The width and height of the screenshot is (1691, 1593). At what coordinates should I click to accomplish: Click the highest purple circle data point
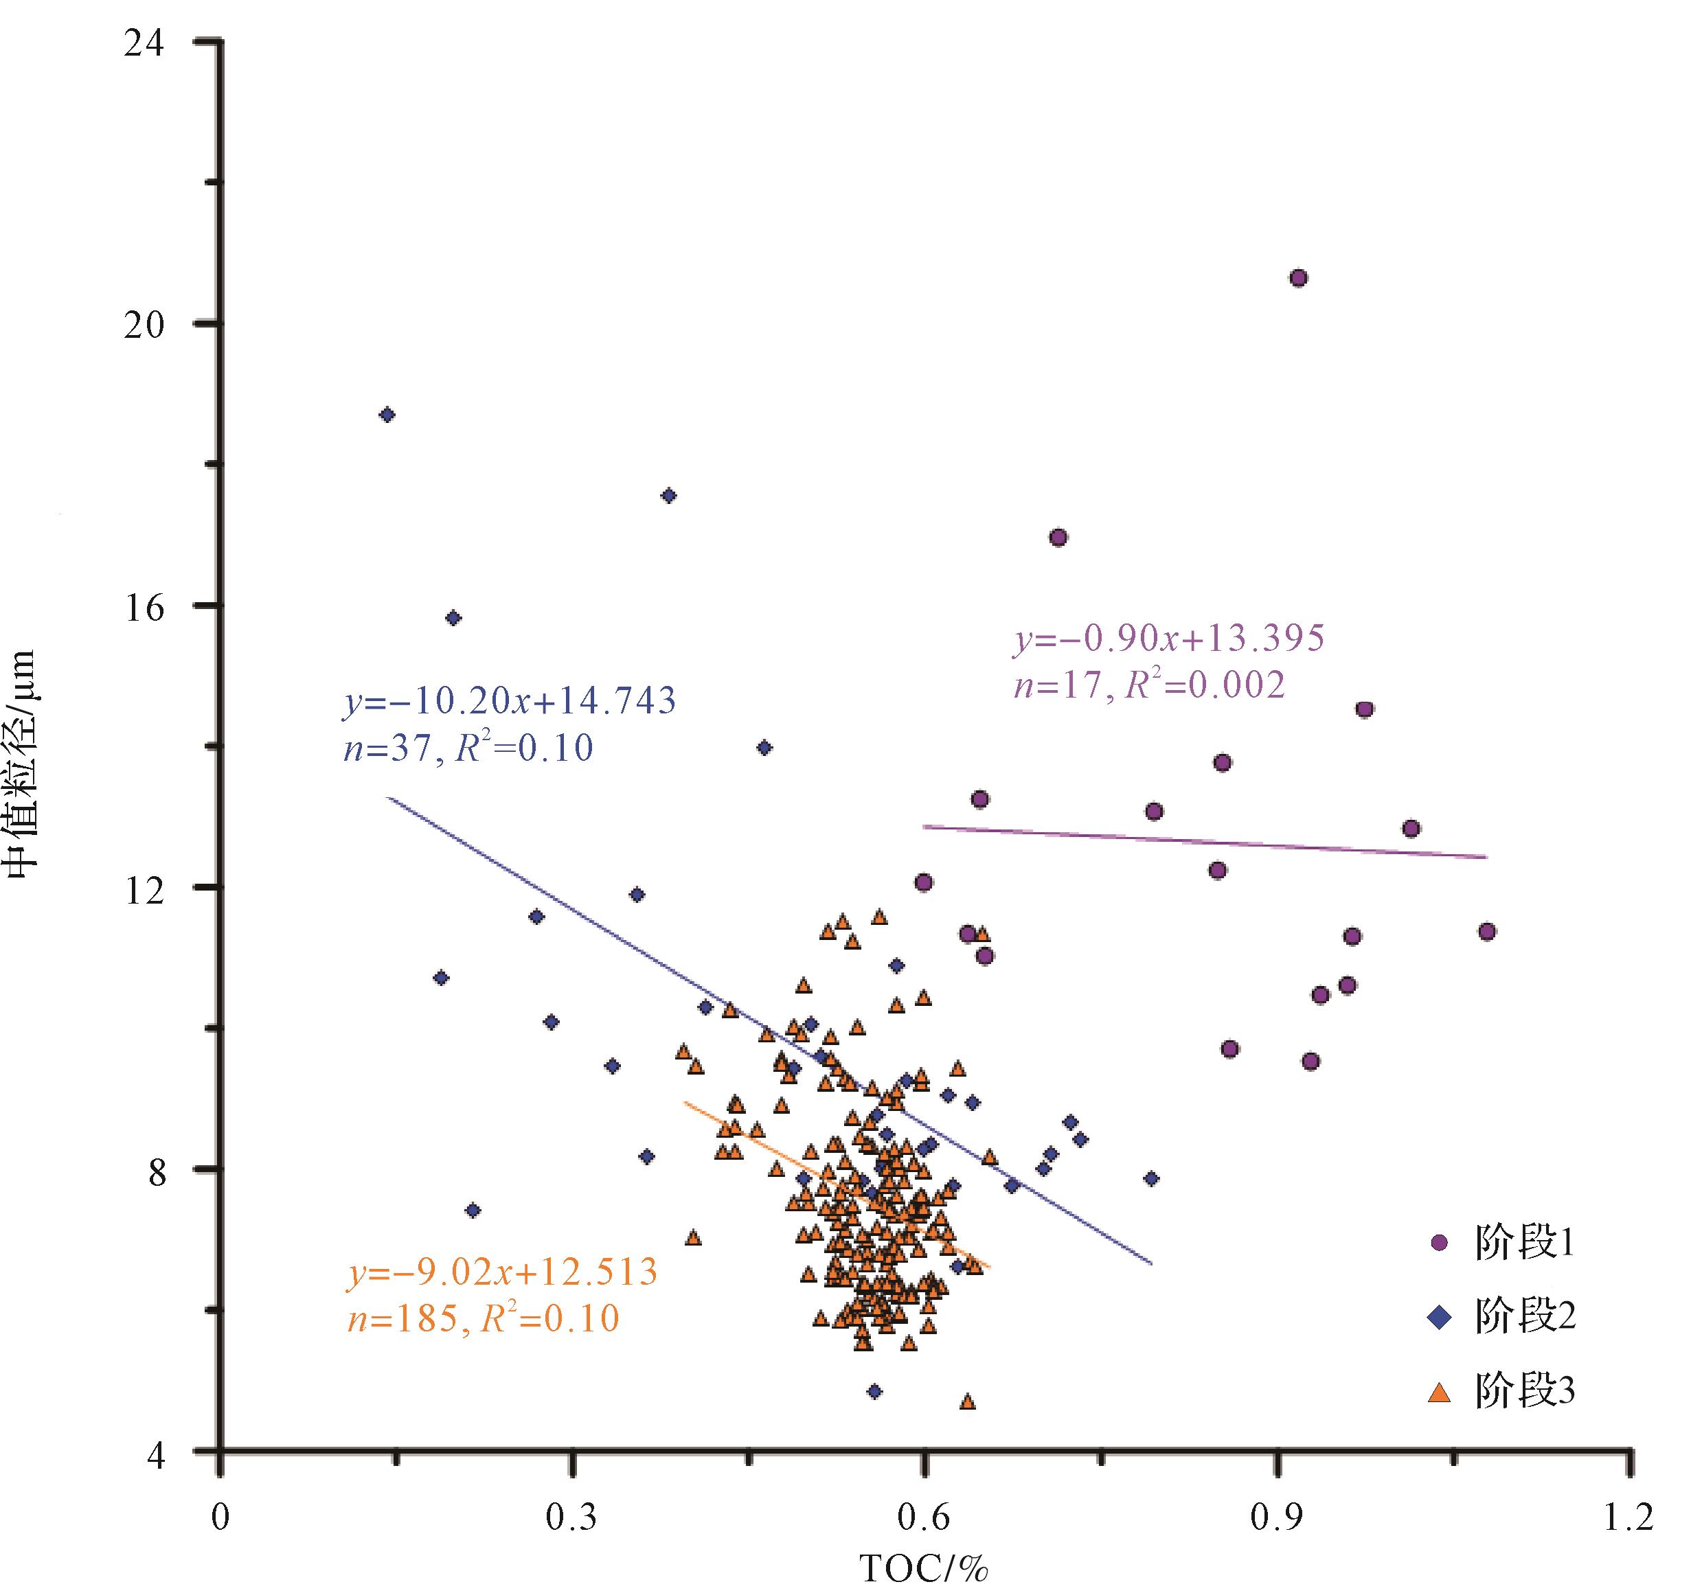point(1298,278)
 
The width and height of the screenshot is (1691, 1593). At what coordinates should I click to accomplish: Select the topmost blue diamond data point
point(387,415)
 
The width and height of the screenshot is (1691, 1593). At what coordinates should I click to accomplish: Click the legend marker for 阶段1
point(1439,1243)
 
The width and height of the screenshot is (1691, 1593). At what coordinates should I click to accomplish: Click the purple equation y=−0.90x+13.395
point(1169,638)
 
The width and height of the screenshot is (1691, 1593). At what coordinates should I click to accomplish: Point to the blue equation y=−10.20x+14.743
point(510,702)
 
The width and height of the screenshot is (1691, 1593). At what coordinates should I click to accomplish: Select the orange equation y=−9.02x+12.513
point(503,1272)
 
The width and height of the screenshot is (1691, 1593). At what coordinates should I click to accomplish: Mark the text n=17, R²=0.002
point(1148,685)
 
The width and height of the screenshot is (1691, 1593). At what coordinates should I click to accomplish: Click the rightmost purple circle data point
point(1487,932)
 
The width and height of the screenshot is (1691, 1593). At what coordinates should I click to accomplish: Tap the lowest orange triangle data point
point(967,1401)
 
